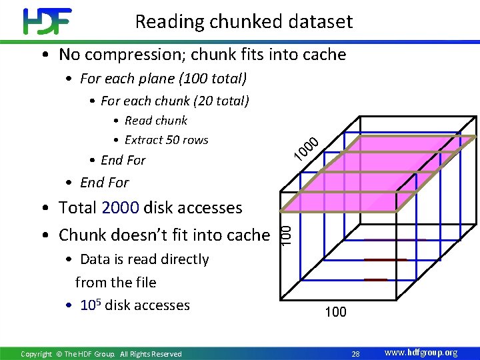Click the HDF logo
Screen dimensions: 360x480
46,21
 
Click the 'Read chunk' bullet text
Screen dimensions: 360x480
156,121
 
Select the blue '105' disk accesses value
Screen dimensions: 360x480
89,305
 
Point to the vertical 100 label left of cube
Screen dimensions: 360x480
285,233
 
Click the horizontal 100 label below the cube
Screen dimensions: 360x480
335,312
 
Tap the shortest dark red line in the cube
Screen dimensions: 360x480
375,280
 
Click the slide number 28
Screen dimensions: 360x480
355,353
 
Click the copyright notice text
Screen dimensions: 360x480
101,354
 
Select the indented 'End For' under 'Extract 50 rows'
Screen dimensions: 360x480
123,160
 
